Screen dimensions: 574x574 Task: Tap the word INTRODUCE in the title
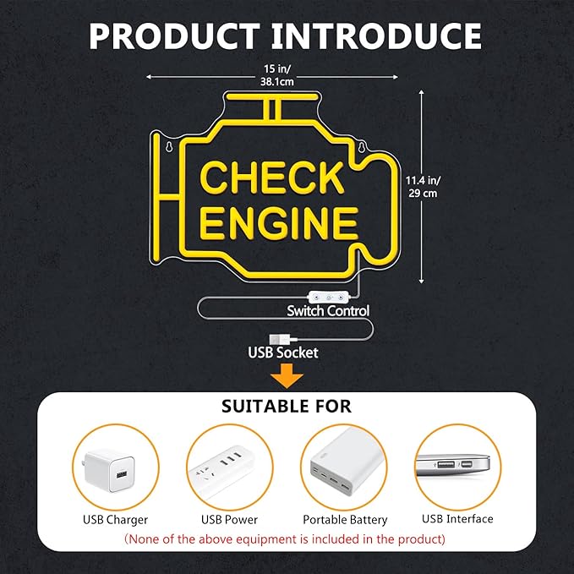(x=376, y=36)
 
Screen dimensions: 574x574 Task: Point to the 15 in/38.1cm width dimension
(x=276, y=75)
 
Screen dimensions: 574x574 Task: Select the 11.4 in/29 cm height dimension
(x=423, y=187)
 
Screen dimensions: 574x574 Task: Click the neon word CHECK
(x=272, y=178)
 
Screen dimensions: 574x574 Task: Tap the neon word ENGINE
(x=279, y=223)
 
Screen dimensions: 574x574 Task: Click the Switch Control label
(x=328, y=311)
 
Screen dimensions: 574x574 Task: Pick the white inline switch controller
(x=329, y=297)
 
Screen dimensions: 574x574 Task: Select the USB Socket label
(x=283, y=353)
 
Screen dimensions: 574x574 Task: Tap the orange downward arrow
(x=287, y=375)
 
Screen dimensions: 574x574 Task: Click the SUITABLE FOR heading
(x=287, y=407)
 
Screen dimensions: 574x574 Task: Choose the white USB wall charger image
(x=109, y=470)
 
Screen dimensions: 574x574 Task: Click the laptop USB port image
(x=453, y=465)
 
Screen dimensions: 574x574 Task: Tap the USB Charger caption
(x=115, y=519)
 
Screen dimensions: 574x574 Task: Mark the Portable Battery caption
(x=345, y=519)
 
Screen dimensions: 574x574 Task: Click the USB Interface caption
(x=457, y=519)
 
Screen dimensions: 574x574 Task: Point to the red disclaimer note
(x=285, y=539)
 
